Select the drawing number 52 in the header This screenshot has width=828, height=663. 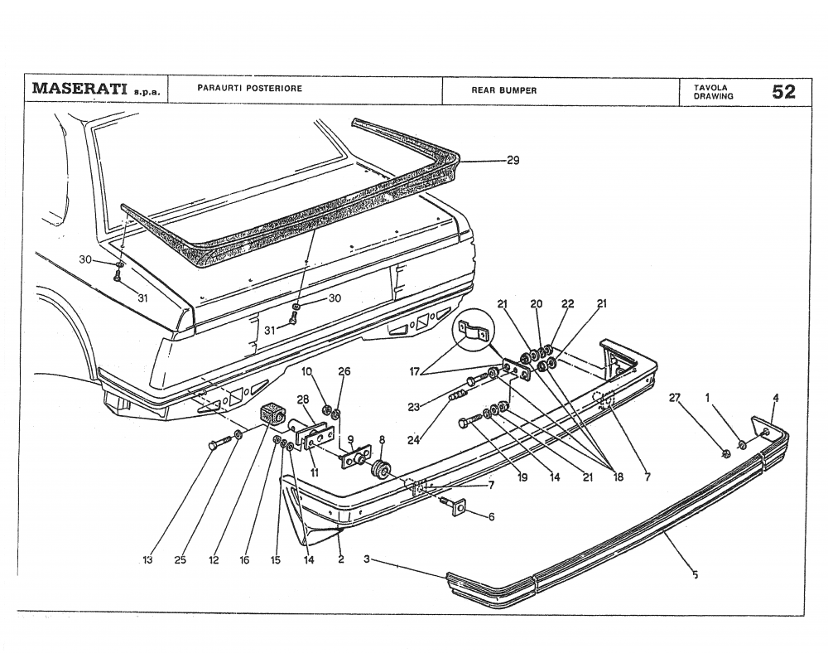[782, 91]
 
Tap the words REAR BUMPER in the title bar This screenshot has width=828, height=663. [503, 91]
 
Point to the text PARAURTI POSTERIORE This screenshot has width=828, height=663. [249, 88]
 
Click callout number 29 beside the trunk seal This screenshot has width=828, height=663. [513, 161]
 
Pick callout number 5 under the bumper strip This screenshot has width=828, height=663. [695, 573]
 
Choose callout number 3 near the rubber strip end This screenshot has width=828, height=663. [367, 560]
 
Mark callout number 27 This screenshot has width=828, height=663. [675, 398]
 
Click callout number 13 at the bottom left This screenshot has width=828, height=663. [147, 561]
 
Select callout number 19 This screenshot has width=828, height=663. [522, 477]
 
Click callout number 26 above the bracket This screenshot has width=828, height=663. [344, 371]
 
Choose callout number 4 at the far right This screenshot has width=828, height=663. [775, 398]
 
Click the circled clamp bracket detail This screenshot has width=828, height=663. [471, 333]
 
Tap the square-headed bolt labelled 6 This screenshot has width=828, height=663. [456, 506]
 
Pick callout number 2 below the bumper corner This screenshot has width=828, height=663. [339, 561]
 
